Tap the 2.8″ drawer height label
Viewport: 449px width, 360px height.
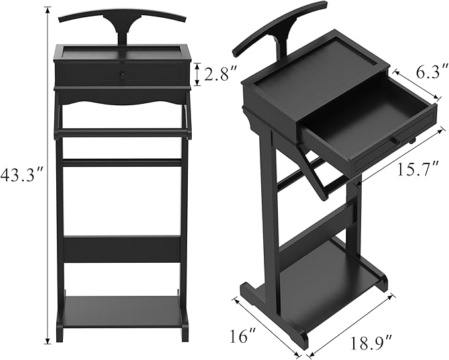(218, 74)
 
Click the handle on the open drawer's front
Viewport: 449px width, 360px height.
(395, 140)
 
